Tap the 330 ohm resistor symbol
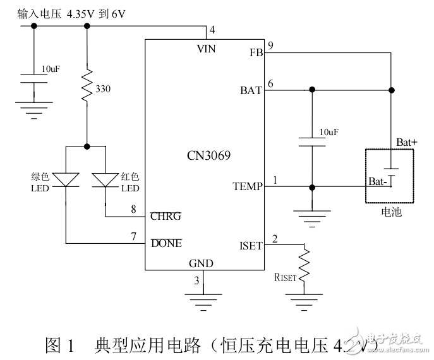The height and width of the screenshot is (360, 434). (87, 84)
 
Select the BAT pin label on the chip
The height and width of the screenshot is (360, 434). (251, 90)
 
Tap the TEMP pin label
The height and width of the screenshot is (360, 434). (248, 187)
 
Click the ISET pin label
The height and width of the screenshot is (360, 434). (251, 245)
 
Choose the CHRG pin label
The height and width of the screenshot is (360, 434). (166, 216)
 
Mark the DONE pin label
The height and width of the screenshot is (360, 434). (166, 243)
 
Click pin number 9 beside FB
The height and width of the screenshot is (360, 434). (270, 45)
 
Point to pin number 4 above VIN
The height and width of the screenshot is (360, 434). (212, 30)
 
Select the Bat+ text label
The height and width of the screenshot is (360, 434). (407, 143)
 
